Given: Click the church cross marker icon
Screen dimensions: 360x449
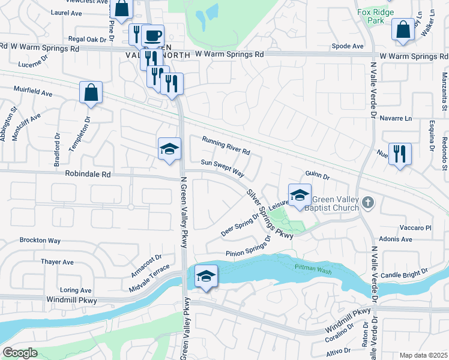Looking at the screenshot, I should [x=369, y=204].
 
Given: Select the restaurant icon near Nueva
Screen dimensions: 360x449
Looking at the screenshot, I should [x=399, y=153].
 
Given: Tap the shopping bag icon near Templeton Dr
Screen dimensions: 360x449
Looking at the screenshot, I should [x=91, y=92].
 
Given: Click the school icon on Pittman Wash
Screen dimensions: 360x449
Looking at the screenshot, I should [x=206, y=275].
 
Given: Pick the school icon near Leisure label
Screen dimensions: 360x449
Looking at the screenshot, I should [x=300, y=194].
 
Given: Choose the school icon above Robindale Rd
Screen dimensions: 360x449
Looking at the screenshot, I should [x=169, y=149].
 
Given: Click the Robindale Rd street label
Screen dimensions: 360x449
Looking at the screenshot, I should [x=88, y=175].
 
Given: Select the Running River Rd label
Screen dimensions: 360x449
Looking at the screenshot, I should [x=225, y=145].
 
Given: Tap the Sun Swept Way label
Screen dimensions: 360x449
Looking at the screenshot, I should [x=222, y=167].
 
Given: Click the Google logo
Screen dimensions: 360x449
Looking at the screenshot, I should [x=20, y=353].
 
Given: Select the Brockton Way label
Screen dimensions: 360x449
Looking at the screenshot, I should [x=40, y=240].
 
